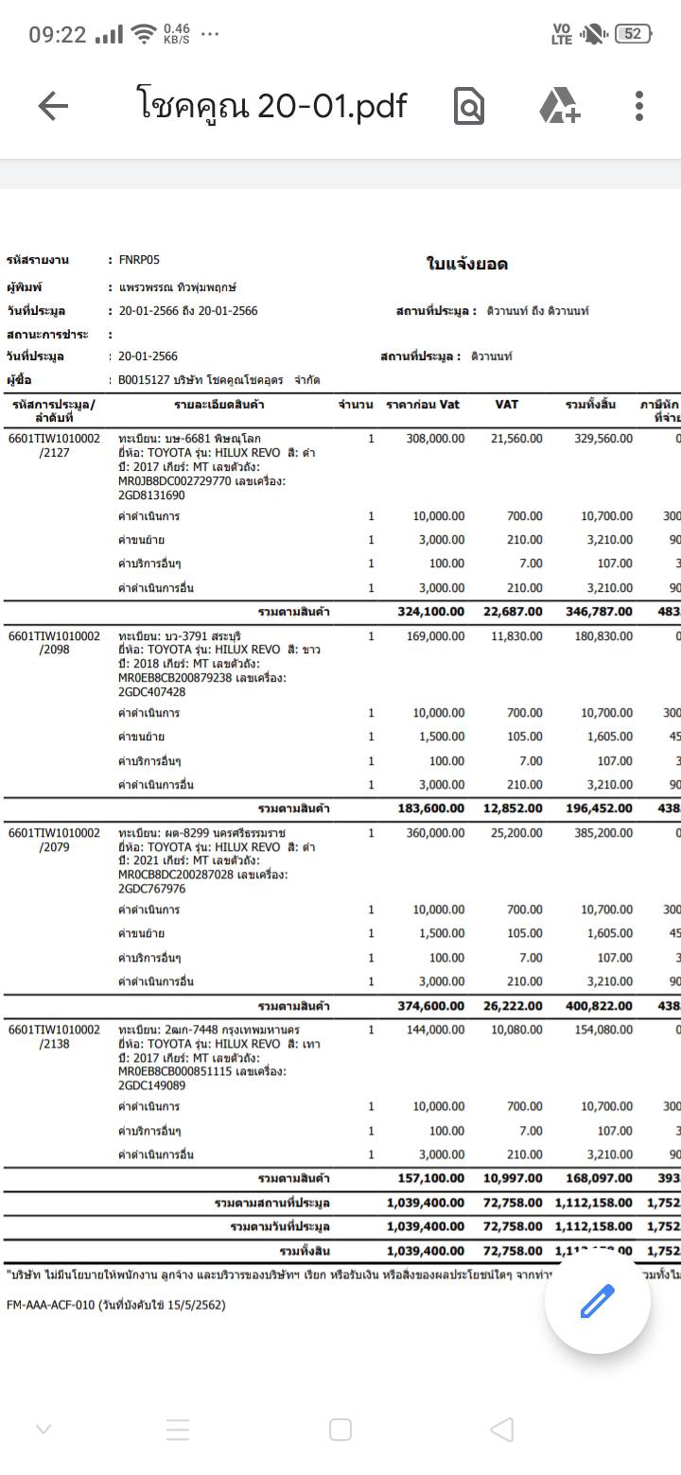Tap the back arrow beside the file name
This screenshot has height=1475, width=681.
pyautogui.click(x=53, y=107)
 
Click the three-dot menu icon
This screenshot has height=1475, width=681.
pyautogui.click(x=639, y=107)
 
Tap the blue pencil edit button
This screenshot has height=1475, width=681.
pyautogui.click(x=597, y=1302)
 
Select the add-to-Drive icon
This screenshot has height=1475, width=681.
pyautogui.click(x=560, y=107)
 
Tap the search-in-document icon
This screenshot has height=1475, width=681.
pyautogui.click(x=469, y=107)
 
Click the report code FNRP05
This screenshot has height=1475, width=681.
pyautogui.click(x=140, y=260)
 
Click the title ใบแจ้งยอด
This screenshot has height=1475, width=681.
pyautogui.click(x=467, y=264)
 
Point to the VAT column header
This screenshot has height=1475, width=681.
pyautogui.click(x=506, y=405)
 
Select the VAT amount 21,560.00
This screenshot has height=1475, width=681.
pyautogui.click(x=516, y=439)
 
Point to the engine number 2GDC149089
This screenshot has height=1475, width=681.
pyautogui.click(x=152, y=1086)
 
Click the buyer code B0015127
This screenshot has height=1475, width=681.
pyautogui.click(x=144, y=380)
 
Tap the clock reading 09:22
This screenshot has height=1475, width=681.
pyautogui.click(x=57, y=35)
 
